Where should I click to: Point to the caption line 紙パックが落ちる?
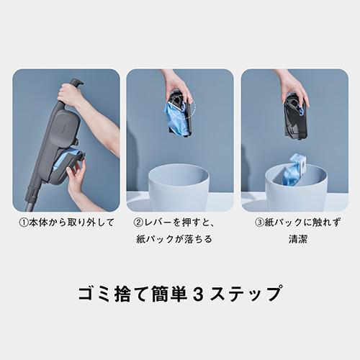tap(176, 238)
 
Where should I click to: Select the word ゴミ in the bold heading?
tap(93, 294)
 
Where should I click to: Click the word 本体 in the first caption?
tap(37, 222)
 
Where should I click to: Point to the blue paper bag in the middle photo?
tap(174, 117)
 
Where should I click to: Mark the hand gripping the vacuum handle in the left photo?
tap(71, 94)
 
